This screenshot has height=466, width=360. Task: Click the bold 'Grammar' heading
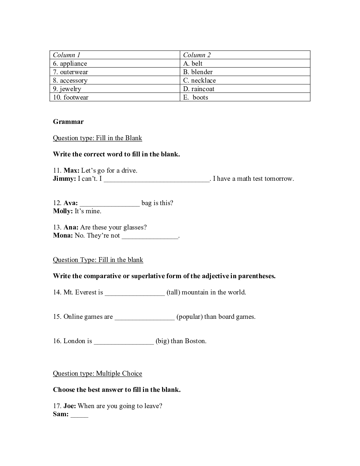68,122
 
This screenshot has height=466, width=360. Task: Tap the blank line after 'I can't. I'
157,179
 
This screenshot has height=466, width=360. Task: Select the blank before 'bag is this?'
110,204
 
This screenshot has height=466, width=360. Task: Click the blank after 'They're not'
150,236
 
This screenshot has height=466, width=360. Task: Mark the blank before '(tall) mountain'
135,293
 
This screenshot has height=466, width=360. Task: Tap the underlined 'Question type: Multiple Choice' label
97,374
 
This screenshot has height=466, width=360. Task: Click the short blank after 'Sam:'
79,415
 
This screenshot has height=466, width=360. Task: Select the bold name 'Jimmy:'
65,179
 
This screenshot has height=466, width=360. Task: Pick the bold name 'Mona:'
63,235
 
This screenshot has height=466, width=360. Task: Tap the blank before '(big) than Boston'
124,342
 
